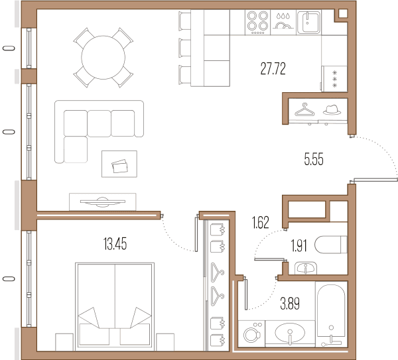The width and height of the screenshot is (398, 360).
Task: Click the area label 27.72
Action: point(273,68)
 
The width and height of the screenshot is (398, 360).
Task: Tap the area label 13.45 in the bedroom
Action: point(115,244)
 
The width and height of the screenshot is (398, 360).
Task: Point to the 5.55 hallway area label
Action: point(314,159)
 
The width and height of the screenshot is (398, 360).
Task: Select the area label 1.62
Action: point(261,222)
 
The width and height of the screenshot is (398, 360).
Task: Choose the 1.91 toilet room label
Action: point(298,246)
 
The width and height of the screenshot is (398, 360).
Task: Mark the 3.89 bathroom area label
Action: point(290,304)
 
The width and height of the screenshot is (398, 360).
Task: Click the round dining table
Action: point(103,58)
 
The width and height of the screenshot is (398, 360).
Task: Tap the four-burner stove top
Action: point(257,23)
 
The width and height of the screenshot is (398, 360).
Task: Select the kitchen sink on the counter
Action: point(308,22)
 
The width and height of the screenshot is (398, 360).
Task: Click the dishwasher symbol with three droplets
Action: point(283,23)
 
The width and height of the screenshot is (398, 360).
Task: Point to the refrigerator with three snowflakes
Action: point(334,79)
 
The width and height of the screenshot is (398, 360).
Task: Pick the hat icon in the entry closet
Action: point(332,109)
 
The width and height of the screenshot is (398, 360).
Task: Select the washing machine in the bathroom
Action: point(251,333)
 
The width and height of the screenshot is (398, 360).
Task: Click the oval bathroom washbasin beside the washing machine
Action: point(290,333)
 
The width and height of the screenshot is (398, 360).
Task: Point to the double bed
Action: point(115,306)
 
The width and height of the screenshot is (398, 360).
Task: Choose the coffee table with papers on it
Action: point(119,164)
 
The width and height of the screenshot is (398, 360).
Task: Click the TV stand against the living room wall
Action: point(103,202)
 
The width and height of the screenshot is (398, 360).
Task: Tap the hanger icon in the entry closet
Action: point(304,109)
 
